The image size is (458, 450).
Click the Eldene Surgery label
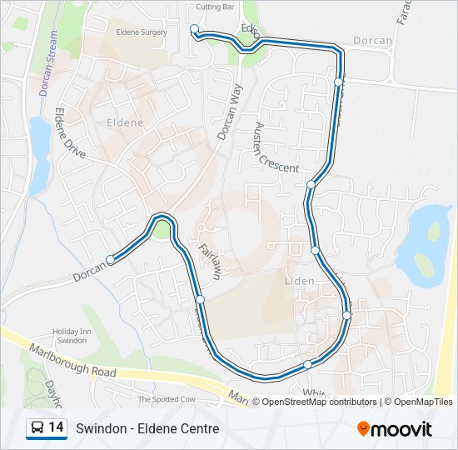143,32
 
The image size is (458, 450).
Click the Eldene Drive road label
71,133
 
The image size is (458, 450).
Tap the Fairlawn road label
210,260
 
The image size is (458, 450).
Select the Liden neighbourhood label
300,281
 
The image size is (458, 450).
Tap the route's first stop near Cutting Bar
194,29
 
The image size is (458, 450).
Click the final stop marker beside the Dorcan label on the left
110,258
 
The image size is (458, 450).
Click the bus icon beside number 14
37,428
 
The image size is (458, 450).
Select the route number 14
57,427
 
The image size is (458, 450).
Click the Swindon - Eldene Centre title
147,428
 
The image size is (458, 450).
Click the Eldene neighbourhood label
125,122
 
